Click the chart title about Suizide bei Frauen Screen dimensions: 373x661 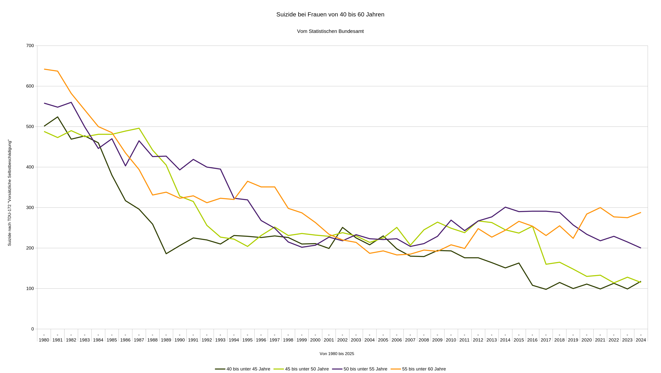(330, 15)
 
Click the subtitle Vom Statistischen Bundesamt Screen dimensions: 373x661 (330, 31)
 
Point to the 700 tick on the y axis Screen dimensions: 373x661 (30, 46)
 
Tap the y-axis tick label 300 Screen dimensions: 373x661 (30, 207)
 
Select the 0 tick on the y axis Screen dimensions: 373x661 (32, 329)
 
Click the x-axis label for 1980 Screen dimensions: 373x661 (44, 340)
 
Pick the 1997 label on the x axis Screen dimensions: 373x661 (274, 340)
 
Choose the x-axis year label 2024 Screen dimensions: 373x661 (641, 340)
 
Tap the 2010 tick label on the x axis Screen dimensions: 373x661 (451, 340)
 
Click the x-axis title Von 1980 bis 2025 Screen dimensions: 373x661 (337, 354)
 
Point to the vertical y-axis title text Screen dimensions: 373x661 (9, 193)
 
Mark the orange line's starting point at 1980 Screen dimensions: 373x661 (44, 69)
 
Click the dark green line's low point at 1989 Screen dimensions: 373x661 (166, 254)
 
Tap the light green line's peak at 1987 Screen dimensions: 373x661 (139, 128)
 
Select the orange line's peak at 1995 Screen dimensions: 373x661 (247, 181)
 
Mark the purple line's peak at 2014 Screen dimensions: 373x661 (505, 207)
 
